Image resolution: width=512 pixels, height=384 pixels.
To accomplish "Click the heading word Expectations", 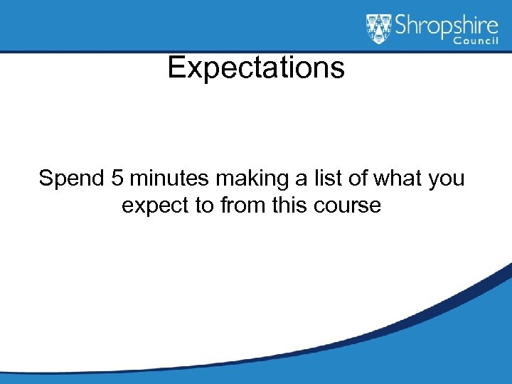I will tap(256, 68).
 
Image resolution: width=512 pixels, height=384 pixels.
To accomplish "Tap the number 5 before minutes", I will tap(117, 178).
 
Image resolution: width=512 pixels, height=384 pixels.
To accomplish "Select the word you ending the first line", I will tap(447, 178).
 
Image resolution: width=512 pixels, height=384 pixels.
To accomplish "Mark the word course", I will tap(350, 206).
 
